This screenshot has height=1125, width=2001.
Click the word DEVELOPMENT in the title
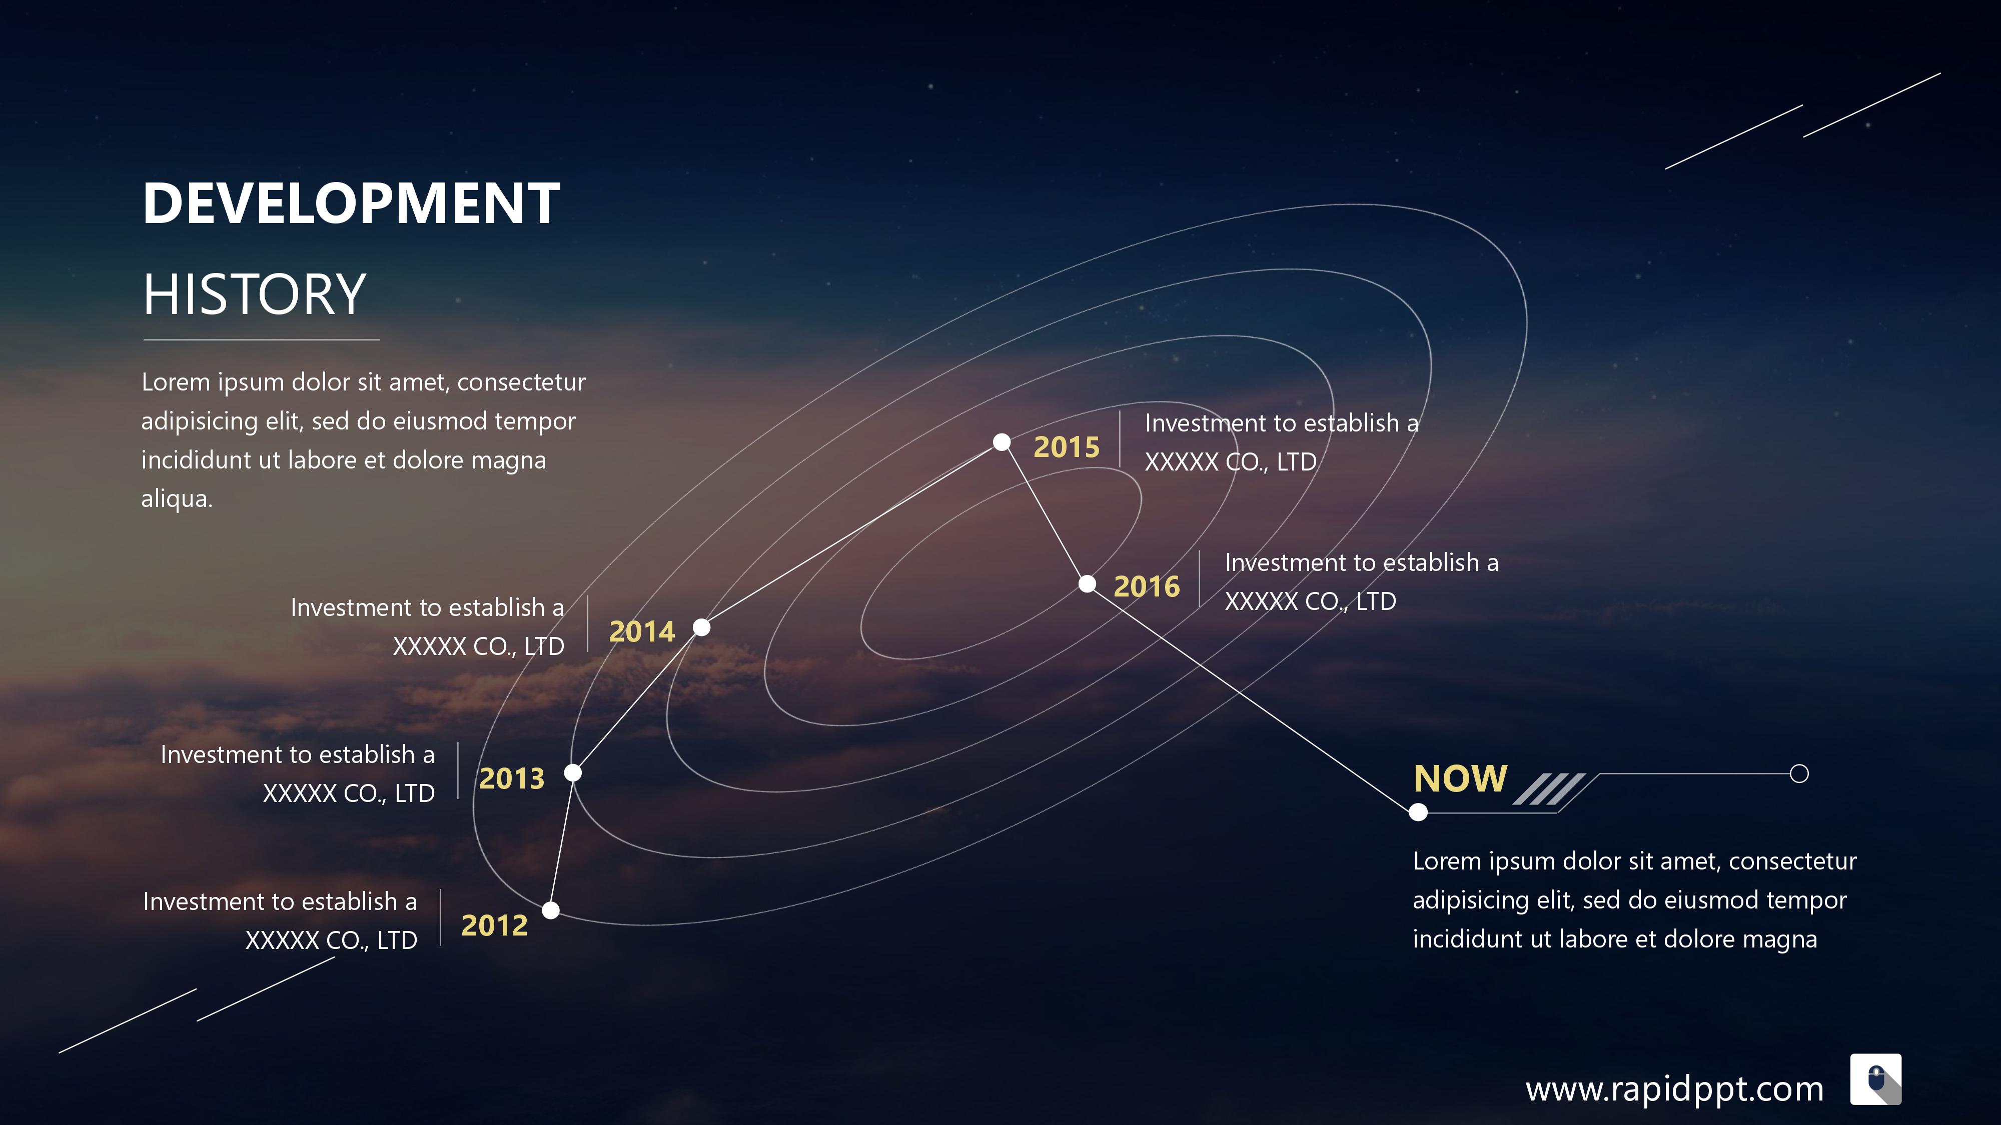pos(351,203)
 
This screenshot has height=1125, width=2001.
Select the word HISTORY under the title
pos(254,294)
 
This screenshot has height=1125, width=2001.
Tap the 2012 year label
pos(494,925)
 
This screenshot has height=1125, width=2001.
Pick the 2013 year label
pos(512,778)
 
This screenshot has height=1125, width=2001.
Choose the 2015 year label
pos(1067,447)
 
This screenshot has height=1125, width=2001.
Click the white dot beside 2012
pos(551,910)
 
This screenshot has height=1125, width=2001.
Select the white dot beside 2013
pos(572,772)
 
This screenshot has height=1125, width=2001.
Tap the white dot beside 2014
pos(701,626)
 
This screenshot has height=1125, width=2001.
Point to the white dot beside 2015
pos(1002,442)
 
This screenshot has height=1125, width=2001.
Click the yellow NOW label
pos(1460,778)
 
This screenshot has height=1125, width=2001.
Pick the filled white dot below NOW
pos(1418,812)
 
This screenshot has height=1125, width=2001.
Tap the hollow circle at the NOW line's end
pos(1799,773)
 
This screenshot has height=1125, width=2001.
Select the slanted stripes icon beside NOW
pos(1549,789)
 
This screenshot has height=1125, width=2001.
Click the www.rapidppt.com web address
pos(1674,1090)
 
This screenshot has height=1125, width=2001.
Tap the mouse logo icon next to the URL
pos(1876,1079)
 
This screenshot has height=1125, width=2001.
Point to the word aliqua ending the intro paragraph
pos(176,499)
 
